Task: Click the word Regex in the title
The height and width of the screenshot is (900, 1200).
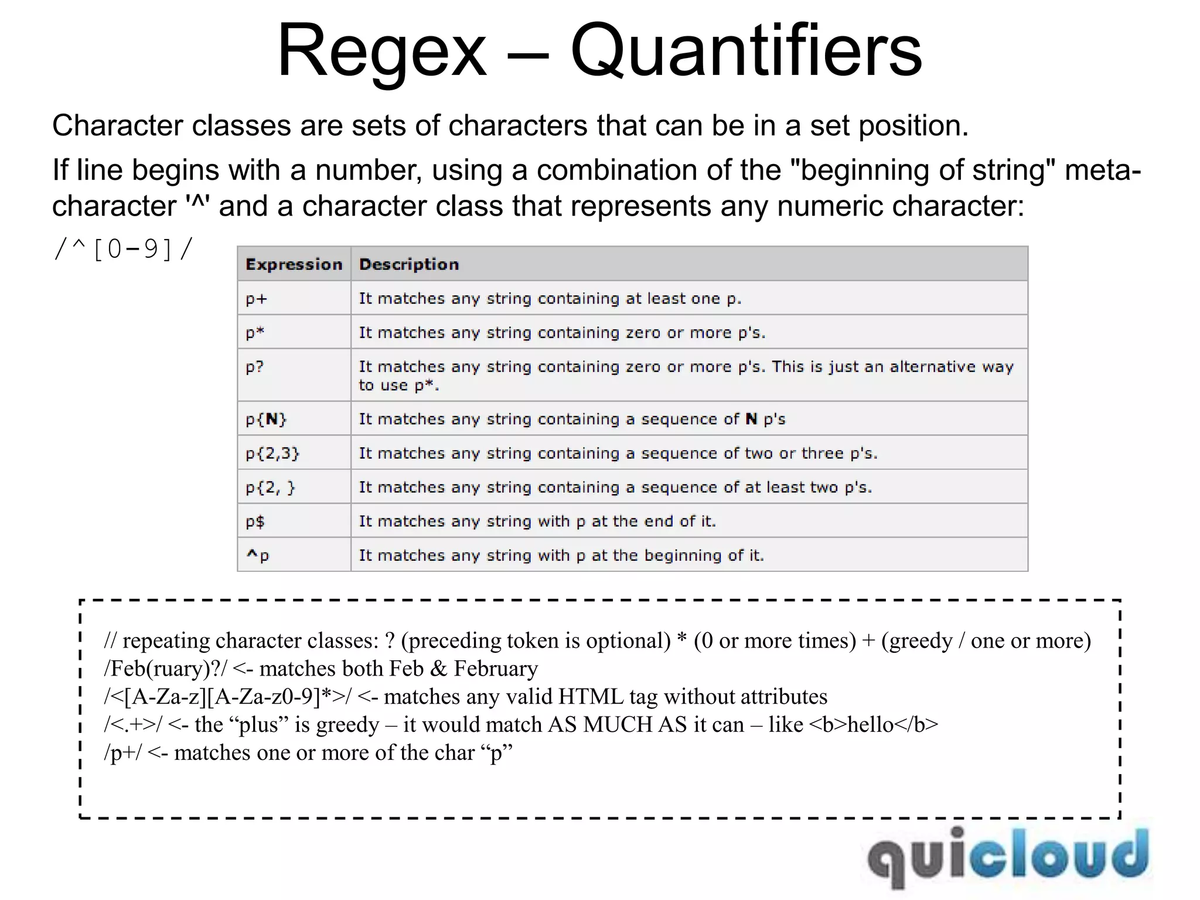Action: pyautogui.click(x=382, y=52)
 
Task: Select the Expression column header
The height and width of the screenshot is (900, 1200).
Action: pyautogui.click(x=294, y=264)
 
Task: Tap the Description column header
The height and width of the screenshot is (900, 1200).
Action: pyautogui.click(x=409, y=264)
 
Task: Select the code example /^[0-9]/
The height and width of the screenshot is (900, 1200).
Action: pyautogui.click(x=123, y=250)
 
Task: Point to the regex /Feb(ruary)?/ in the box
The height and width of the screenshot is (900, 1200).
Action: pyautogui.click(x=165, y=669)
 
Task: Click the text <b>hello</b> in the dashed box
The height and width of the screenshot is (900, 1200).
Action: pyautogui.click(x=873, y=725)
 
